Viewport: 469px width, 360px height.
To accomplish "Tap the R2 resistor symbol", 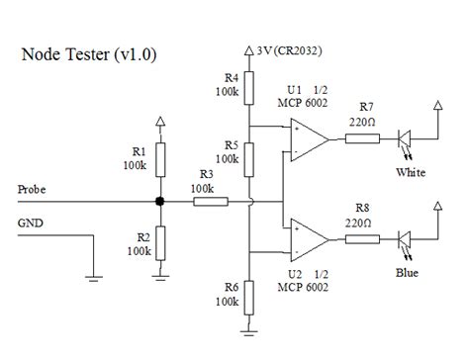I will pos(159,241).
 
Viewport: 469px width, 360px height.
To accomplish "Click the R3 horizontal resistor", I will pos(210,202).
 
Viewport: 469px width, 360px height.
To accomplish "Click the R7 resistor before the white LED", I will pos(362,138).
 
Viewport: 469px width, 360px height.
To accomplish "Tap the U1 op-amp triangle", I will pos(308,138).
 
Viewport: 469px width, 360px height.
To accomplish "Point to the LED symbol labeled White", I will pos(406,138).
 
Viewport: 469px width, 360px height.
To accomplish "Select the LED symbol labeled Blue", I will pos(406,240).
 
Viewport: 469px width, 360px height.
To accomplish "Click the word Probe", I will pos(33,188).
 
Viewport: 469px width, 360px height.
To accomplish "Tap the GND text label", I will pos(31,224).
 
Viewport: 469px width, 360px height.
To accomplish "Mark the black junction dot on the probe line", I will pos(159,202).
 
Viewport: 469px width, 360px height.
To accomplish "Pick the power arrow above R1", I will pos(159,122).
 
